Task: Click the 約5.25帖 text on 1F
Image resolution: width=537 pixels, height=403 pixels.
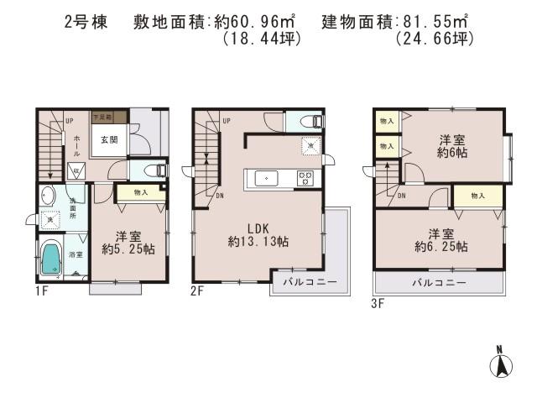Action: pos(124,249)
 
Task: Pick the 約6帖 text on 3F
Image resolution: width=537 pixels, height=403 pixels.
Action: pos(452,153)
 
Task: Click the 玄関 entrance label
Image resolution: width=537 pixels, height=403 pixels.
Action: pos(109,140)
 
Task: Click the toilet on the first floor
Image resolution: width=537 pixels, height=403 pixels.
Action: pos(154,170)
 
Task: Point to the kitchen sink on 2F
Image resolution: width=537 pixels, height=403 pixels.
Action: pos(264,177)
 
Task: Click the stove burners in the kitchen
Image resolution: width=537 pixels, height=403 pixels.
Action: pos(305,177)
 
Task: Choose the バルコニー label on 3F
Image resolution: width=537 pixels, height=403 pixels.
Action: pos(438,283)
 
